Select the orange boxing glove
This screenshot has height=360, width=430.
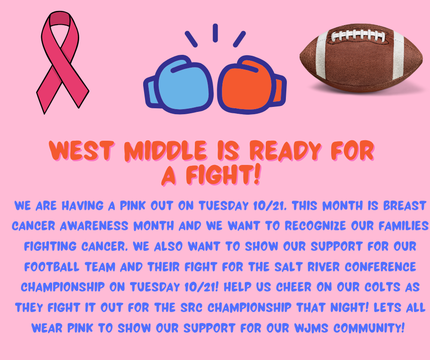251,85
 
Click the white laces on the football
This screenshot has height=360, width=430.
358,36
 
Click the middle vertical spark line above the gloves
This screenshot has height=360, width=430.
215,33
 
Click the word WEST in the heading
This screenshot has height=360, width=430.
81,150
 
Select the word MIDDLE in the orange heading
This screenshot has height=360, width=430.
165,150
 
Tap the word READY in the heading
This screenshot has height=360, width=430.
285,150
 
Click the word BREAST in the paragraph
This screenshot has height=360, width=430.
404,206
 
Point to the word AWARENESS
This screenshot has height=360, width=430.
94,226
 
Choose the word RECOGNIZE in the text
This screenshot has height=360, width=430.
315,226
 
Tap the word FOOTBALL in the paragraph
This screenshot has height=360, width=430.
52,267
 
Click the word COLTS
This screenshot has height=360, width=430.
382,287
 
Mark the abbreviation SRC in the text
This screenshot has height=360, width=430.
191,307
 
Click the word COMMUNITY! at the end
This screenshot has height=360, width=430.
369,328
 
